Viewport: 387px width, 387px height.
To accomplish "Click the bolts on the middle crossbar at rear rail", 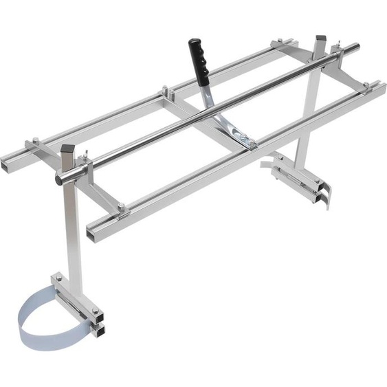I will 164,89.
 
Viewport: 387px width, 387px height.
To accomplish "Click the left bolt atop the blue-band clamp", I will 59,278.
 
